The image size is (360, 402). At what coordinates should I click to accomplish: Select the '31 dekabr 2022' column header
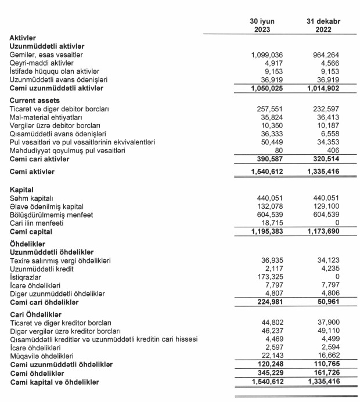point(323,25)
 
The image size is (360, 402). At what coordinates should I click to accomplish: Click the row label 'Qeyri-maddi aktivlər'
point(41,63)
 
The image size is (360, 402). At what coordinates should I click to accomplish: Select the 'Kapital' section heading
point(22,189)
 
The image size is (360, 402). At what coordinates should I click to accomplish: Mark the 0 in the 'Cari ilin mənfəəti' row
point(337,223)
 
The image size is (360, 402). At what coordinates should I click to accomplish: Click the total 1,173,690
point(321,232)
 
